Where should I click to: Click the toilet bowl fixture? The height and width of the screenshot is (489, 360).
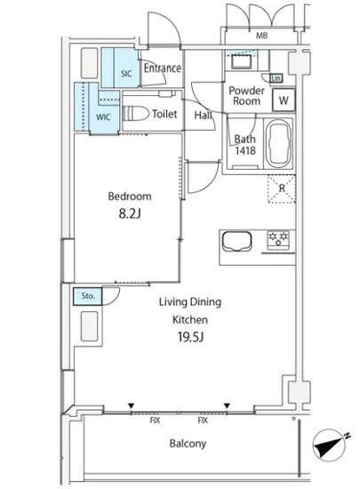pos(136,114)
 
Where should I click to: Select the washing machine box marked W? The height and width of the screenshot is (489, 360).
pos(284,100)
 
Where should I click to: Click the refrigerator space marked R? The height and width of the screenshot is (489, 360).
pos(282,188)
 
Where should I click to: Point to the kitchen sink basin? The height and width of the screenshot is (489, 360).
pos(236,241)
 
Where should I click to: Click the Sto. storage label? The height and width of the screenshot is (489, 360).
pos(88,296)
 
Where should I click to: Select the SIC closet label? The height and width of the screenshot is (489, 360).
pos(126,74)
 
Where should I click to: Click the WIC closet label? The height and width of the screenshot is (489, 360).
pos(103,117)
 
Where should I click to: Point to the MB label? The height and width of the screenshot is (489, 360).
pos(261,36)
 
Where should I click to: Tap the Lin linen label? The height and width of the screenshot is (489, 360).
pos(276,78)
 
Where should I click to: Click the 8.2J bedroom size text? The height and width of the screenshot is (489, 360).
pos(130,213)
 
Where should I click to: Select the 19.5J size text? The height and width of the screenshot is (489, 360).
pos(190,337)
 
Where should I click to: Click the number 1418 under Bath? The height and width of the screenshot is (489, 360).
pos(245,150)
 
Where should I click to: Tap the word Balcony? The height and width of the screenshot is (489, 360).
pos(188,444)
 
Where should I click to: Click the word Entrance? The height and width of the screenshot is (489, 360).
pos(163,68)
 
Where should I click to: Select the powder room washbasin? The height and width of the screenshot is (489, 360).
pos(241,61)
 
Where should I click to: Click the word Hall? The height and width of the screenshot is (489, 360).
pos(203,115)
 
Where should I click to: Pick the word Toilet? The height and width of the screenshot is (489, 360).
pos(164,114)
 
